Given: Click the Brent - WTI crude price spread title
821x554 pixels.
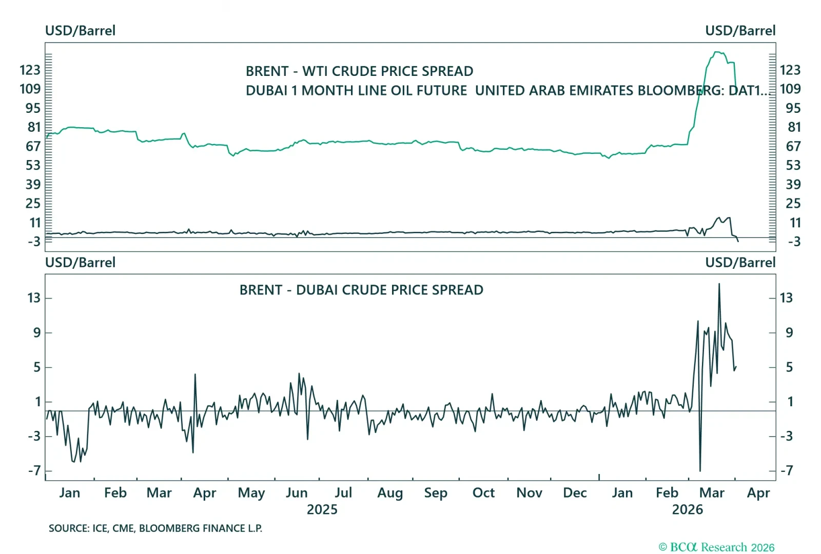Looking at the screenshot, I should (x=359, y=71).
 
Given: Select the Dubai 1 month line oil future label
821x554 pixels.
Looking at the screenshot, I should (x=356, y=90).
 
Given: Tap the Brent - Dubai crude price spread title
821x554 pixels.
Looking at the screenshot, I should (x=361, y=290).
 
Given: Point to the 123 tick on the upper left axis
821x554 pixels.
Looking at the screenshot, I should (x=30, y=70).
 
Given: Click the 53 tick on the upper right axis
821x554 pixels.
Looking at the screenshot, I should (x=793, y=165).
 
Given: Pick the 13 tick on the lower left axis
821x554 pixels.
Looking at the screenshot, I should (x=34, y=298).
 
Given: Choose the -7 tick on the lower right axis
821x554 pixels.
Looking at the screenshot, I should (x=787, y=470).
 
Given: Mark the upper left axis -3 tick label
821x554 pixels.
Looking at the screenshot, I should (x=34, y=242).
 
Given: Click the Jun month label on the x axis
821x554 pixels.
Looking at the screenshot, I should (x=297, y=493).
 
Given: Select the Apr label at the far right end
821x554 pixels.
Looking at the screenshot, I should (x=758, y=493).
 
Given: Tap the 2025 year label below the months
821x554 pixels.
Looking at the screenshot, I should (x=322, y=509).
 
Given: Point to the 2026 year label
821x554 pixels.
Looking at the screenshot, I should (x=687, y=509).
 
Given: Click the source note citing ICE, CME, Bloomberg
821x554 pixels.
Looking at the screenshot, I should (x=155, y=528).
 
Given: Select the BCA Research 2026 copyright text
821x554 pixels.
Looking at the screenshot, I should (x=716, y=547).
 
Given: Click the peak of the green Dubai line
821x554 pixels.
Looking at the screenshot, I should (x=717, y=52).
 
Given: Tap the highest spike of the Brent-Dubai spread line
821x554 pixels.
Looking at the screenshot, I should (x=719, y=284).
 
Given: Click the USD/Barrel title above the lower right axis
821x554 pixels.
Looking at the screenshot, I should (x=740, y=263).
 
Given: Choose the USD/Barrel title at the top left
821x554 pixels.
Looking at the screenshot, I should (x=80, y=31).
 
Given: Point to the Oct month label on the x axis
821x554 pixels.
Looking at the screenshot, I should (x=483, y=493).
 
